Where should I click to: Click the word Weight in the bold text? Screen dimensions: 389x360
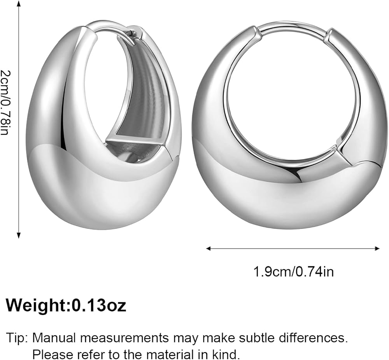(x=37, y=306)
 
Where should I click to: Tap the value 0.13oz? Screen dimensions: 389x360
(x=99, y=306)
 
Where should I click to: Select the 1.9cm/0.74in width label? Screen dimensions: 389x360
(x=293, y=271)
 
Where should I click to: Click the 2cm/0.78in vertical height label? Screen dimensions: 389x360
(x=5, y=102)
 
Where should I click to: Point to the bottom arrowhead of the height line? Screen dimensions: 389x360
(x=19, y=235)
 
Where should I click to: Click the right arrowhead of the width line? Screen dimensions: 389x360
(x=377, y=248)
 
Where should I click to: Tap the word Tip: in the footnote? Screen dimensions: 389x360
(x=17, y=338)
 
